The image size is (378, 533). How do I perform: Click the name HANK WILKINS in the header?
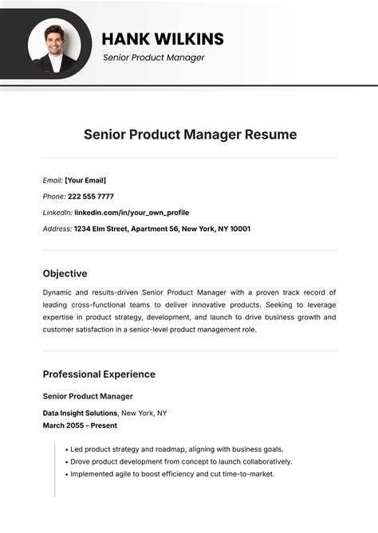pos(163,39)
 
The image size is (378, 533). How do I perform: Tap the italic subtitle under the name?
pos(154,57)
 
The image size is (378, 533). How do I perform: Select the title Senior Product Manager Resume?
pos(190,135)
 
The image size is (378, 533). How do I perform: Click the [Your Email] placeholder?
pos(85,180)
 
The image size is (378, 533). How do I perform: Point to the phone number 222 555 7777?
pos(90,196)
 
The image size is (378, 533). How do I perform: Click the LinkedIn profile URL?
pos(132,213)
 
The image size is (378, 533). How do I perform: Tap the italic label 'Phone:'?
pos(53,196)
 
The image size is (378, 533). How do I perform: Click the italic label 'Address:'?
pos(57,229)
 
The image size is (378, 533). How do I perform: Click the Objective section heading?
pos(65,273)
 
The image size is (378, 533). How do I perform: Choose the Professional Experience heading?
pos(99,374)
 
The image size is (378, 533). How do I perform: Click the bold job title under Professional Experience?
pos(88,396)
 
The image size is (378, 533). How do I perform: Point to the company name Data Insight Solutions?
pos(81,413)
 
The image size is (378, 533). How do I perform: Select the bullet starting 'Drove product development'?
pos(180,461)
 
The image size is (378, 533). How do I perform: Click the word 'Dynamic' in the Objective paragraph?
pos(58,293)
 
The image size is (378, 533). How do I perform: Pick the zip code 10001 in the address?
pos(239,229)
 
